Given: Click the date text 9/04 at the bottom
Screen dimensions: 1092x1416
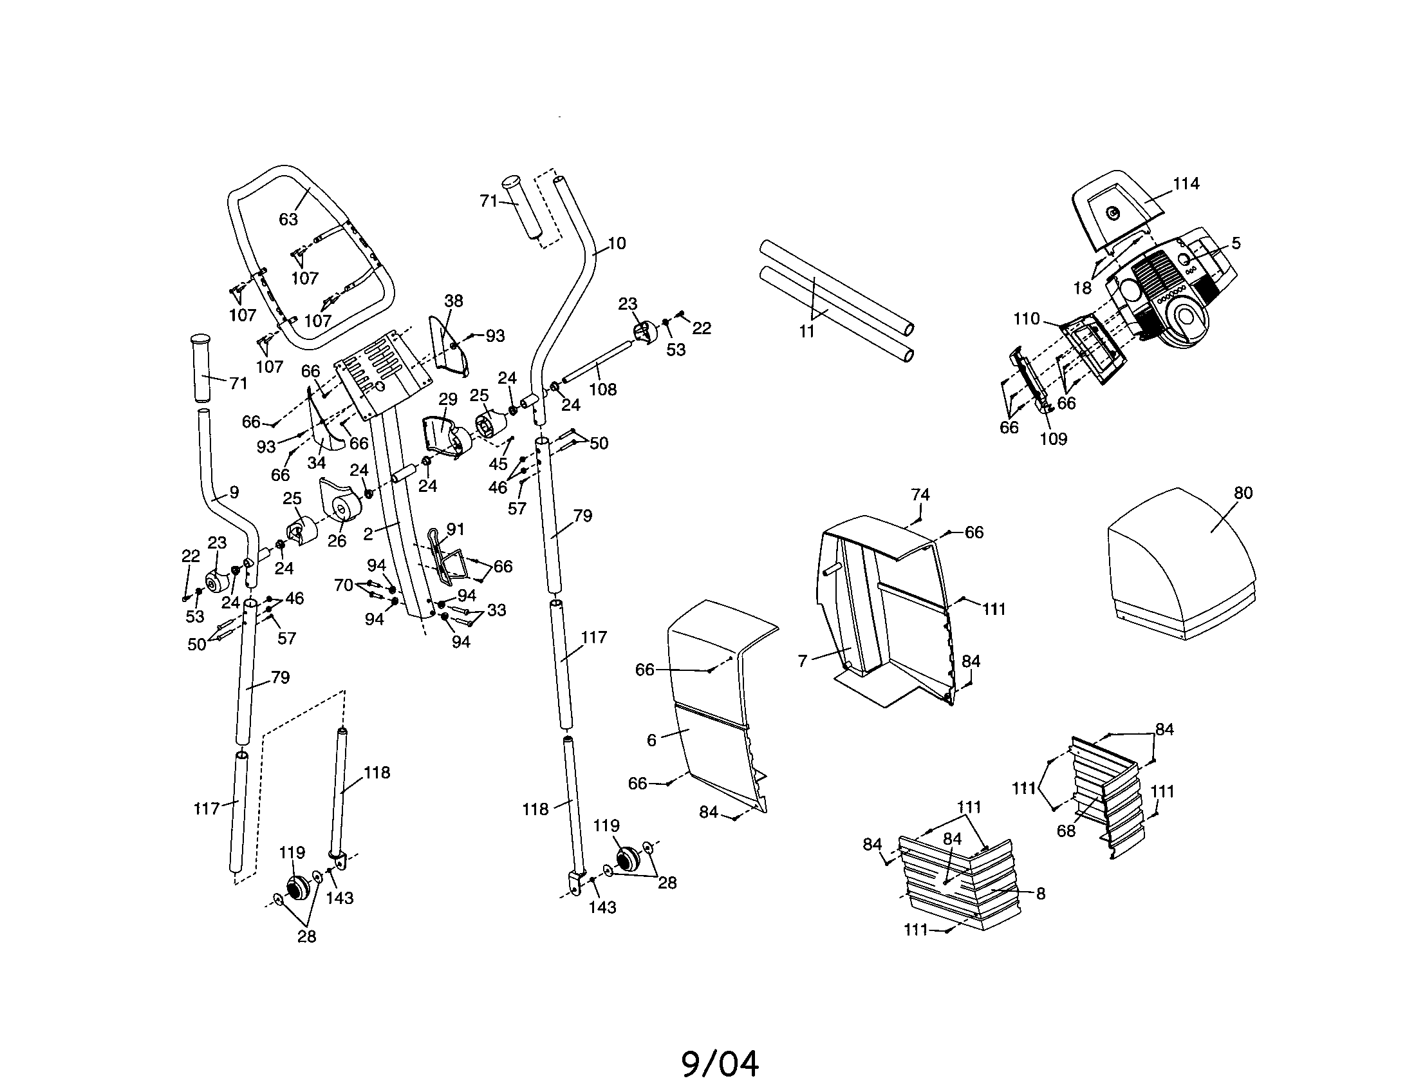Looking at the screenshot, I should tap(720, 1064).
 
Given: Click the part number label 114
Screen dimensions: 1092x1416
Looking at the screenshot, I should tap(1186, 184).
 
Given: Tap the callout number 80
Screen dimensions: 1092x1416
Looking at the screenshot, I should tap(1243, 493).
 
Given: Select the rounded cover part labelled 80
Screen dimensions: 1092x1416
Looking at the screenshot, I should tap(1180, 570).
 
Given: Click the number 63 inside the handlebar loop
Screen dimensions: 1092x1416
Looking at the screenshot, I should tap(288, 219).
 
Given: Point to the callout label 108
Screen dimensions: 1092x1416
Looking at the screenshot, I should tap(602, 390).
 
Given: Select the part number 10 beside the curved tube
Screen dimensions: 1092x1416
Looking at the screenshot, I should tap(617, 243).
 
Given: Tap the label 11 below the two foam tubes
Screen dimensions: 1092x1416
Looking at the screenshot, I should tap(806, 332).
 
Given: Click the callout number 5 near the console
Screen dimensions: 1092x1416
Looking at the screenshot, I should tap(1236, 243).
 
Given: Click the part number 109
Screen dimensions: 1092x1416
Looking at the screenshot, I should tap(1053, 439).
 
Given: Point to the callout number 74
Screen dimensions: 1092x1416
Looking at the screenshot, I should tap(920, 494).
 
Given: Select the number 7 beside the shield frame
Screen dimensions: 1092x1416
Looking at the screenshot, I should tap(803, 661).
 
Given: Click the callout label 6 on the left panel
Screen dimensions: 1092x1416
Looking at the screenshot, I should tap(651, 740).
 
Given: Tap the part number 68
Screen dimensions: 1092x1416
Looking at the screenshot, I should tap(1066, 831).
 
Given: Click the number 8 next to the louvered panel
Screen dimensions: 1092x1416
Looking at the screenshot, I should tap(1041, 894).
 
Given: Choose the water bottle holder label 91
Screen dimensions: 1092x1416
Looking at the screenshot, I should tap(455, 529).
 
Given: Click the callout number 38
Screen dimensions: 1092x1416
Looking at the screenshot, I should tap(454, 301).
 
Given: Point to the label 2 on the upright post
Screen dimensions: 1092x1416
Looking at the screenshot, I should tap(368, 534).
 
